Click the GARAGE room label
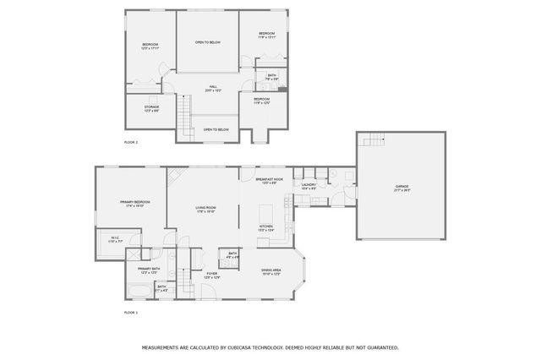(x=401, y=187)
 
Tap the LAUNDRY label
(x=308, y=185)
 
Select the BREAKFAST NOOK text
(x=266, y=180)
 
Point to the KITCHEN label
(x=265, y=227)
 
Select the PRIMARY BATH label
(x=149, y=270)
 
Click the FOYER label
(x=211, y=275)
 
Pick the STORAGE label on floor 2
(x=151, y=108)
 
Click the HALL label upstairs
(x=213, y=88)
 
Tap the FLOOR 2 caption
(x=131, y=143)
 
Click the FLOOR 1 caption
(x=131, y=313)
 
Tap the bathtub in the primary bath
(x=139, y=291)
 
